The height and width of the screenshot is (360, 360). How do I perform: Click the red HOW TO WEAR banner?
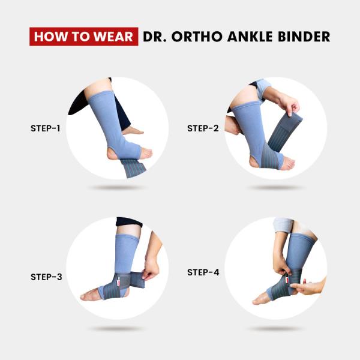(83, 37)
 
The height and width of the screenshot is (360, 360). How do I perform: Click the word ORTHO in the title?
(196, 37)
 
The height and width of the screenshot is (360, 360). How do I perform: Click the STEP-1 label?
(46, 128)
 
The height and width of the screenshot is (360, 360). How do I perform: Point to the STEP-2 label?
(202, 128)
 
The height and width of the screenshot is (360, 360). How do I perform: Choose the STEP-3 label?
(46, 277)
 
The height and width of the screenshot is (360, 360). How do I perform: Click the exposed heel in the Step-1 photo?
(113, 155)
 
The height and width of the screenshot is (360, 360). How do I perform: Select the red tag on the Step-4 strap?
(286, 280)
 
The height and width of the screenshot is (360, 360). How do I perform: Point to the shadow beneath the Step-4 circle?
(275, 329)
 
